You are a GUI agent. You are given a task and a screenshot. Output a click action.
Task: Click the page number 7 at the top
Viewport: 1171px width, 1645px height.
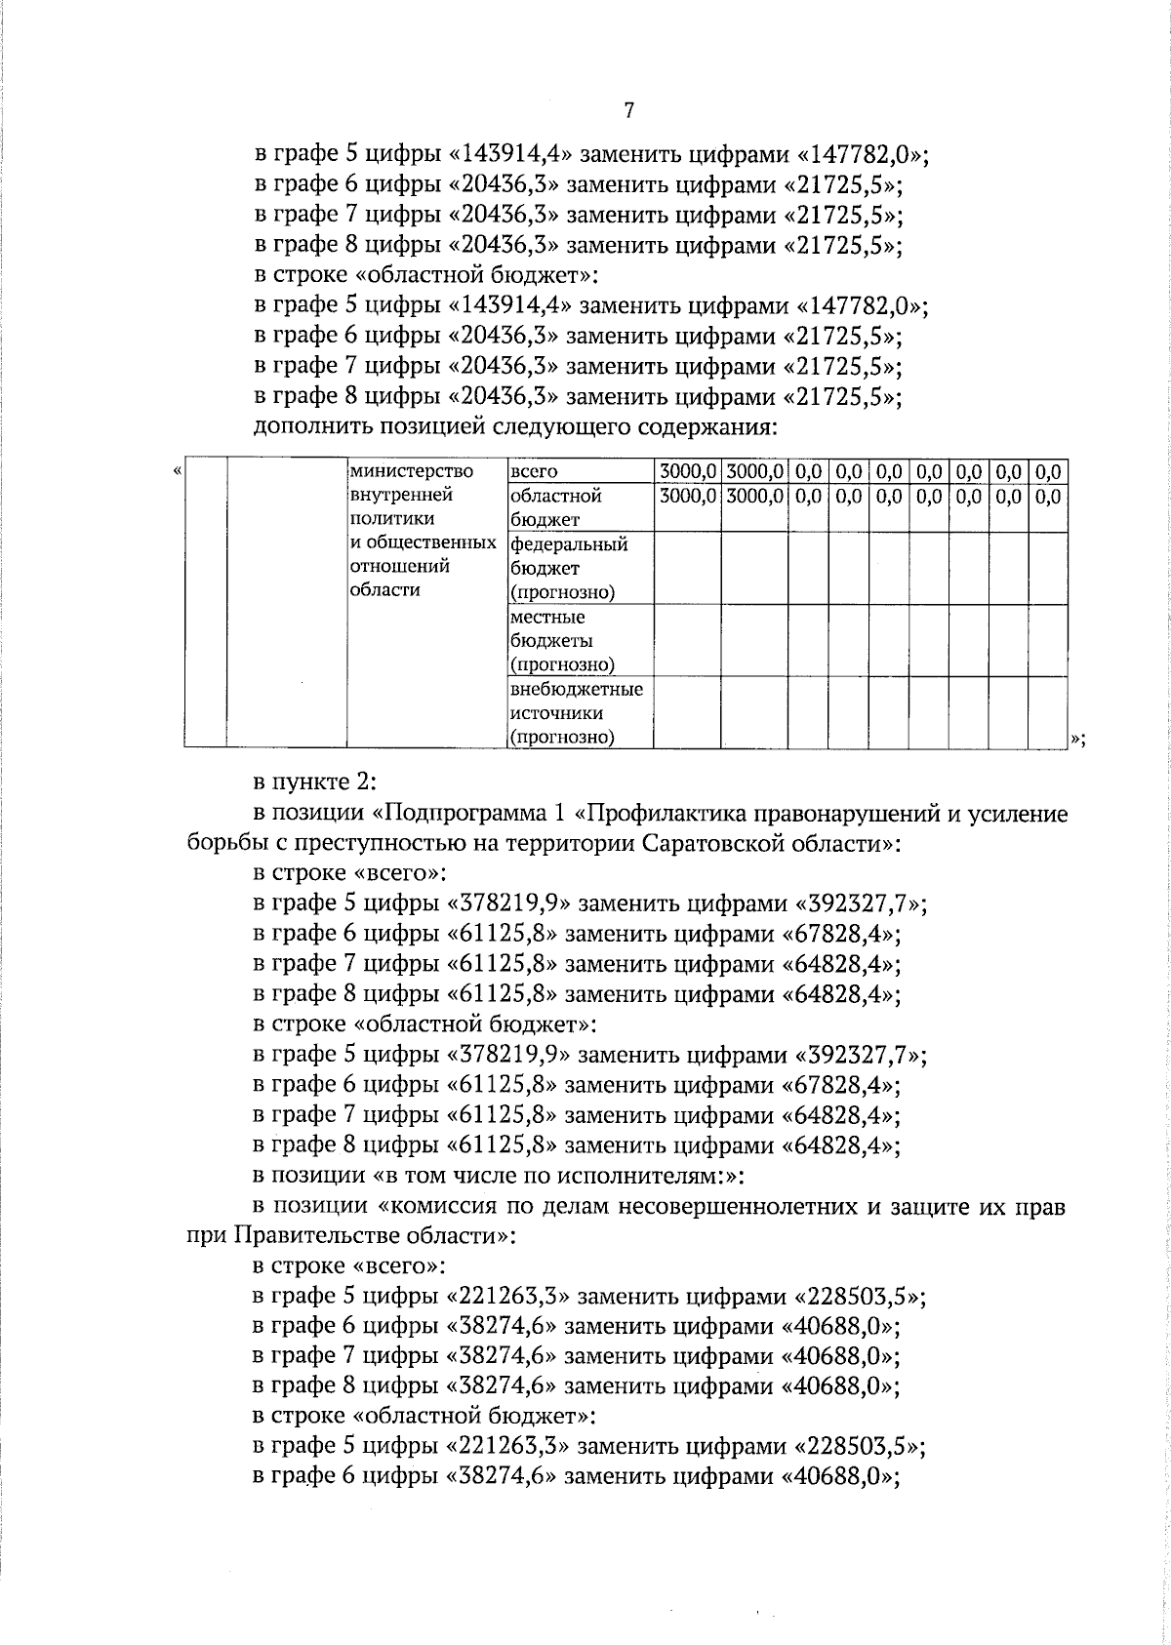pos(629,111)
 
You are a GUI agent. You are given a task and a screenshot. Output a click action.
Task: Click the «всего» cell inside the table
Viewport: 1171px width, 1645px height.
pos(533,472)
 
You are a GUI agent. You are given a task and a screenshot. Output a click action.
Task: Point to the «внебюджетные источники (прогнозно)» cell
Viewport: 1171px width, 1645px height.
pos(576,713)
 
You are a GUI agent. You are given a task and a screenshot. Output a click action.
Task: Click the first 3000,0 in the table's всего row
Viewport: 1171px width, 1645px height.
pos(689,472)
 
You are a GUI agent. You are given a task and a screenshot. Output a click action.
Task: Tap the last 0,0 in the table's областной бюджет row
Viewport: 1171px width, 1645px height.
pos(1048,496)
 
